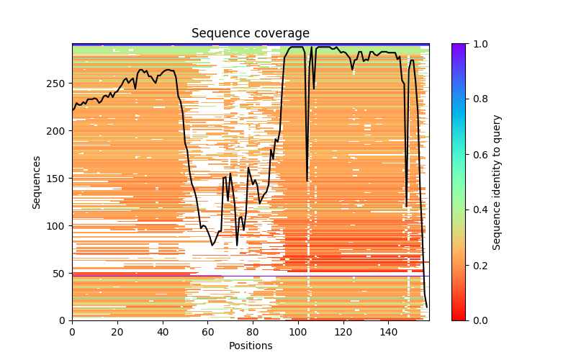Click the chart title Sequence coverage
pos(251,33)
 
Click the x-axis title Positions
pos(251,346)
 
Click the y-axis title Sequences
pos(36,181)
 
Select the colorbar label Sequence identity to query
pos(498,181)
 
